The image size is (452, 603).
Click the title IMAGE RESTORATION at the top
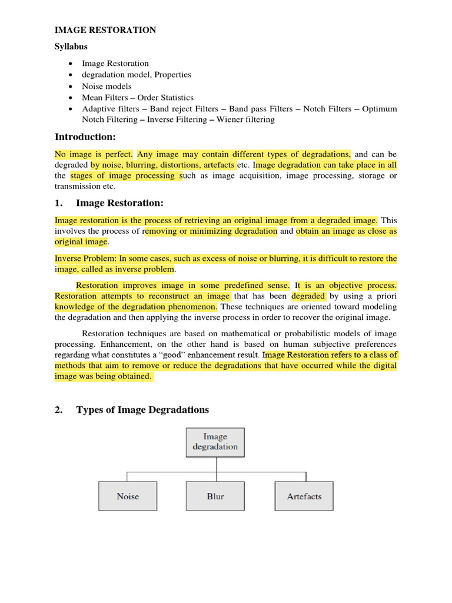pos(105,29)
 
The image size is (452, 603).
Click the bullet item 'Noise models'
pos(107,86)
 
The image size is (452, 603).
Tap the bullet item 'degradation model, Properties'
pos(136,75)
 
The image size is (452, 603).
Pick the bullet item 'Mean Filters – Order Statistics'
pos(137,98)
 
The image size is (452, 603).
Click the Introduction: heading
pos(85,137)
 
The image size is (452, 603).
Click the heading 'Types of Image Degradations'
pos(142,409)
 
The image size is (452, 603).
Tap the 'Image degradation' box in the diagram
pos(215,442)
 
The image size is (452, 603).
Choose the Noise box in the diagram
pos(128,496)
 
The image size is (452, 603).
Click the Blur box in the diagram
pos(215,496)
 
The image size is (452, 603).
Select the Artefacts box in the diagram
pos(304,496)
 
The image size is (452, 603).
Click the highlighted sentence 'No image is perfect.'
pos(94,154)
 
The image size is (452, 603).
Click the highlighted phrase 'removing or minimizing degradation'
pos(210,231)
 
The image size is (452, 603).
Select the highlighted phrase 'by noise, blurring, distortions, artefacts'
pos(163,165)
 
